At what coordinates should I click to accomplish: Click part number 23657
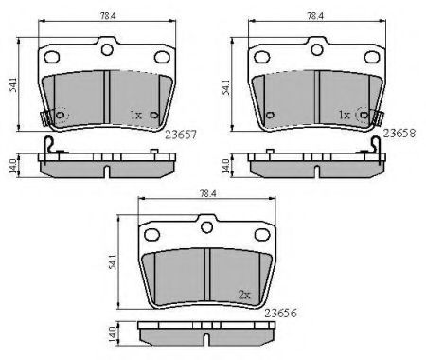181,135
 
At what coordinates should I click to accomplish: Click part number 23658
399,134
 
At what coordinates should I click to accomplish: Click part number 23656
280,313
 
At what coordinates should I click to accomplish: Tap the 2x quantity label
244,295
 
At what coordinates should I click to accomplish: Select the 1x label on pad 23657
136,115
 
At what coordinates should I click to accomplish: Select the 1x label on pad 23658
345,115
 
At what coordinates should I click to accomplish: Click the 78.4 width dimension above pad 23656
207,193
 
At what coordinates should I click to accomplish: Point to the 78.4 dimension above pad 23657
108,16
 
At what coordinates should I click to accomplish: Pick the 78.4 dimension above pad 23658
315,16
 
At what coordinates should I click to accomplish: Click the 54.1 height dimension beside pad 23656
113,262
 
